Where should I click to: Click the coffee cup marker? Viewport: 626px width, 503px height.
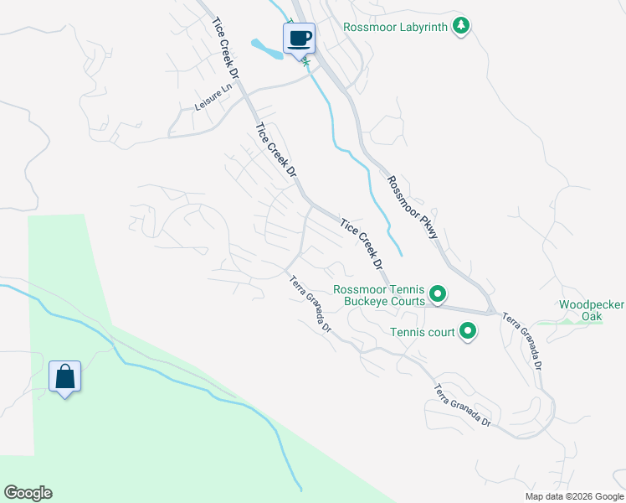tap(300, 38)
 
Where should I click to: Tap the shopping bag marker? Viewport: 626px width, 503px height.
tap(64, 377)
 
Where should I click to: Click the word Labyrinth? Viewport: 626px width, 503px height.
tap(416, 27)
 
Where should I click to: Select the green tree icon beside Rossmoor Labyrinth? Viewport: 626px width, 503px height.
tap(460, 27)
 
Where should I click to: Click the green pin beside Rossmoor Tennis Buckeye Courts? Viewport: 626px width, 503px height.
tap(437, 294)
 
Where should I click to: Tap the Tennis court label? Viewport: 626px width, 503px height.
tap(423, 332)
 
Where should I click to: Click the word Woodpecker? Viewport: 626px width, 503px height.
tap(591, 304)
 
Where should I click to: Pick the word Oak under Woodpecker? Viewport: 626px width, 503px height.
tap(591, 317)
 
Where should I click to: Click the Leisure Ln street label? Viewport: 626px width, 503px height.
tap(212, 98)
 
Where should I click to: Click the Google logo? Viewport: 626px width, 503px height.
tap(28, 493)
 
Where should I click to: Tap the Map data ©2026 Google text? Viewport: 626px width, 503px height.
tap(574, 496)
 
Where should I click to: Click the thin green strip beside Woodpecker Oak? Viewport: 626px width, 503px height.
tap(569, 322)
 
